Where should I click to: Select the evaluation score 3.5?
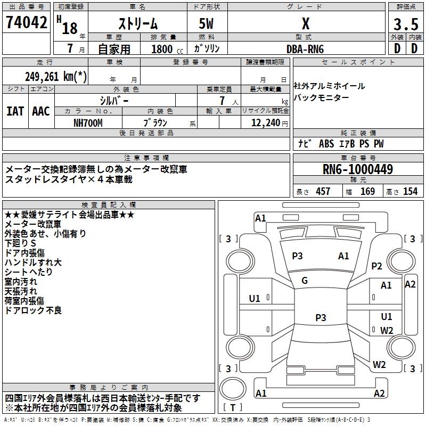406,24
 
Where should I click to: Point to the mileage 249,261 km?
56,77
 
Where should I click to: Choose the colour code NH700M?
88,122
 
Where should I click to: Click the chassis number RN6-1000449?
358,170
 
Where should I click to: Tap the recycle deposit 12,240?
265,122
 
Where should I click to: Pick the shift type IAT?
15,111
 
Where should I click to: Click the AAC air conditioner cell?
41,111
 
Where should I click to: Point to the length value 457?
323,191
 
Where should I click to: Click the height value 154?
410,191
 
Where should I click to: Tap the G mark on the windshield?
305,281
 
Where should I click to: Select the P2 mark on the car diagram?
377,266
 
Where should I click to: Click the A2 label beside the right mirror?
410,284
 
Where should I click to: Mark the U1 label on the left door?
255,298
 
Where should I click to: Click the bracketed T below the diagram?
233,408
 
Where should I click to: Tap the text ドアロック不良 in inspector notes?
33,310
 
